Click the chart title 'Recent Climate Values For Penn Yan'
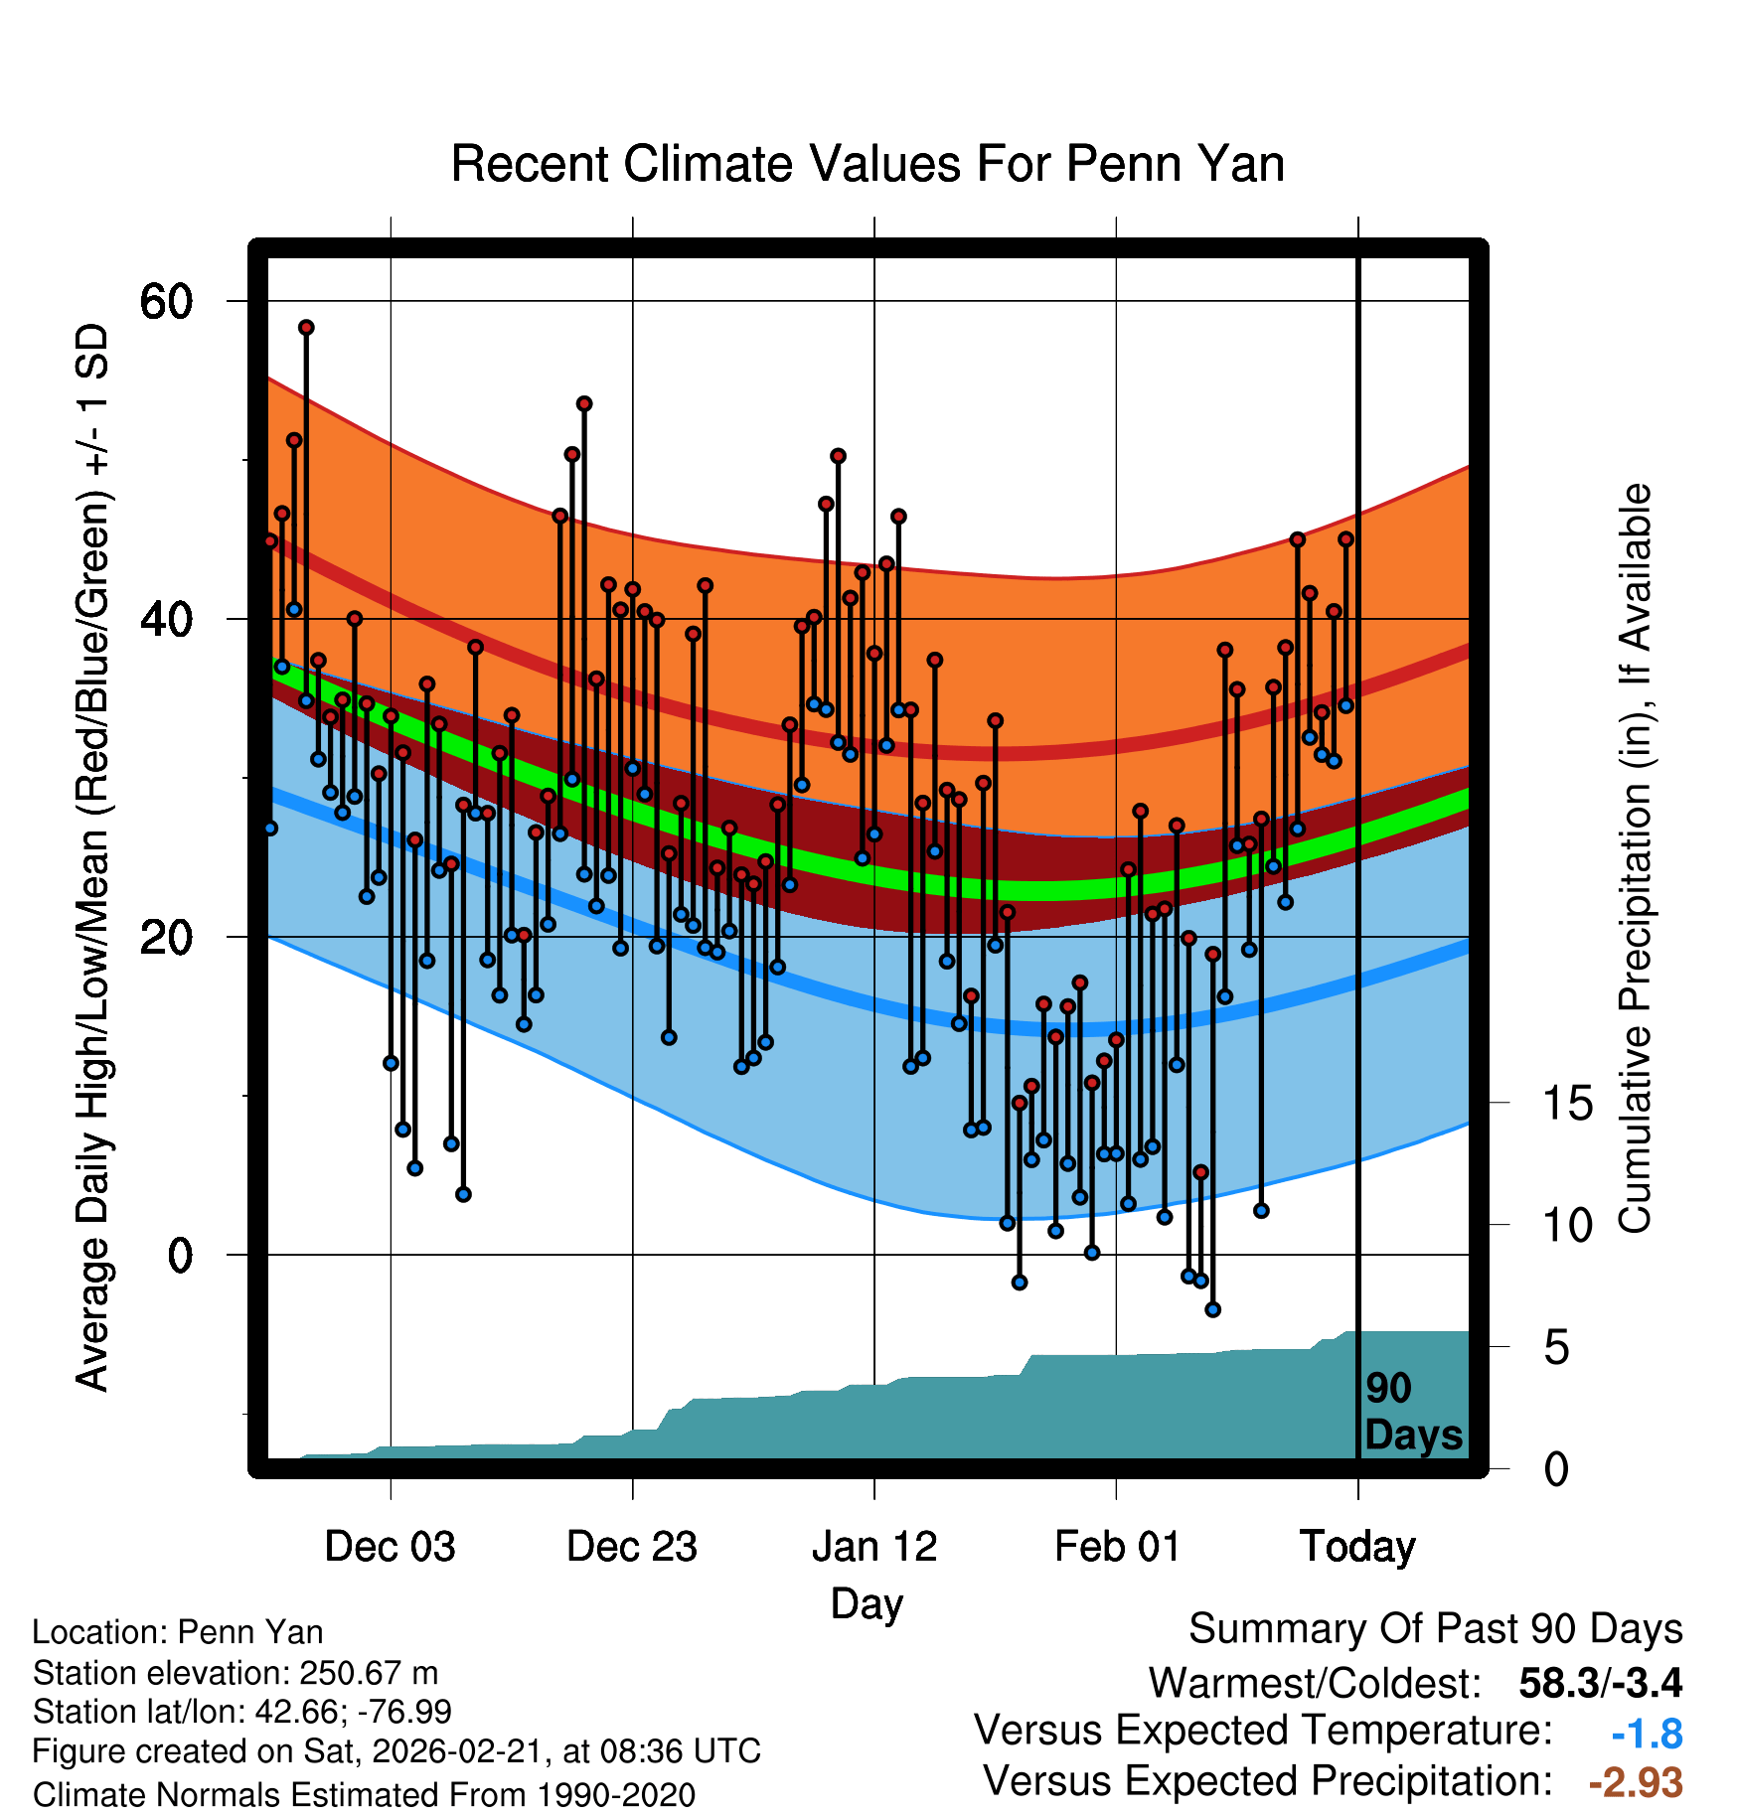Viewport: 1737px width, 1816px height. point(868,164)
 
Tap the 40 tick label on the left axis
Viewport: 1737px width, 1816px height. point(166,619)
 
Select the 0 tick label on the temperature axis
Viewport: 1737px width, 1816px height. point(180,1255)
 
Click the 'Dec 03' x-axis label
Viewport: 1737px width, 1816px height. point(390,1547)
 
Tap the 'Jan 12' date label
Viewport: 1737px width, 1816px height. point(874,1547)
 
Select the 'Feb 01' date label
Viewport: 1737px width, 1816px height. point(1117,1547)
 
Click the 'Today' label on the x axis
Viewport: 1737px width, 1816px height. point(1357,1547)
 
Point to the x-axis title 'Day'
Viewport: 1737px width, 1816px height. point(867,1603)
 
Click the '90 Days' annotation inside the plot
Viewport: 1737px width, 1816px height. point(1412,1412)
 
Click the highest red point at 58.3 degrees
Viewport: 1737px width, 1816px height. point(306,328)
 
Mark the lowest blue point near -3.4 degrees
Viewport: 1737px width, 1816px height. point(1212,1309)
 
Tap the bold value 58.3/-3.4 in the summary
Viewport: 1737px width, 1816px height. point(1600,1683)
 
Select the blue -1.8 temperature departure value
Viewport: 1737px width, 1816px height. point(1647,1735)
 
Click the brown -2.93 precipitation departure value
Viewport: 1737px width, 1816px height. point(1636,1782)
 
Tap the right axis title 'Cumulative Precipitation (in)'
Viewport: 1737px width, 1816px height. point(1635,859)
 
